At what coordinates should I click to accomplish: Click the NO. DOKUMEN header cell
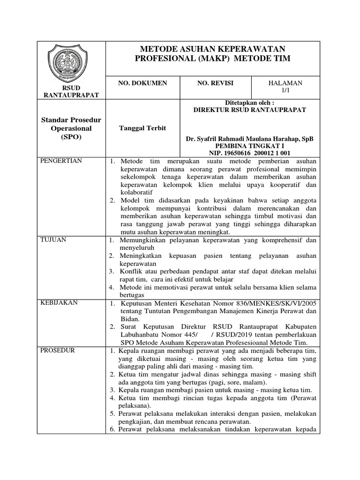(142, 83)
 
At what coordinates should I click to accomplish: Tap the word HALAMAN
(285, 83)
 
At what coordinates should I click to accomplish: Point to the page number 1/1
(285, 90)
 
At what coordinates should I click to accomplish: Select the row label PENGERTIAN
(62, 161)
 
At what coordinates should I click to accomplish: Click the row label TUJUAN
(54, 240)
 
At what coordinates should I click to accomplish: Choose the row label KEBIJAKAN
(59, 302)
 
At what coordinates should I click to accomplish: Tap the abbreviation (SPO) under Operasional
(71, 137)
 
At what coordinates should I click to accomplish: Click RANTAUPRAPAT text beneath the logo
(71, 95)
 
